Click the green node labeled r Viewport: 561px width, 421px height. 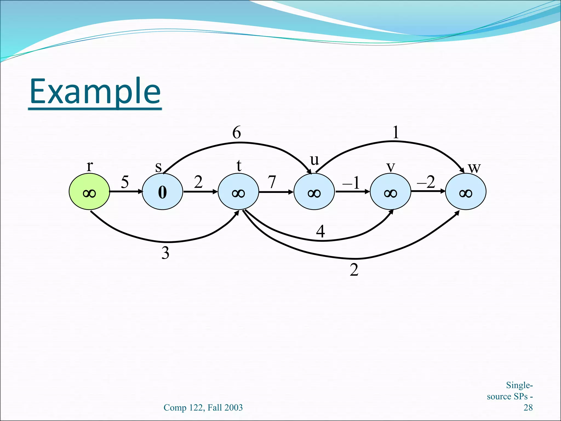[x=89, y=192]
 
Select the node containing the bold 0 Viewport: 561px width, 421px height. [x=162, y=192]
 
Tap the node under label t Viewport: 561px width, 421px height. [x=238, y=192]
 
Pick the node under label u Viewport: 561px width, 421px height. [x=314, y=192]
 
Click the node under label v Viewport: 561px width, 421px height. [x=390, y=192]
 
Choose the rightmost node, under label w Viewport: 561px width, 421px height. [x=465, y=192]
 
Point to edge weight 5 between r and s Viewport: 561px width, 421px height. [x=125, y=182]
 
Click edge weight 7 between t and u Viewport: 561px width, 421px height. [x=272, y=182]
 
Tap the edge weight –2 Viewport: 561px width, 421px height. [x=426, y=182]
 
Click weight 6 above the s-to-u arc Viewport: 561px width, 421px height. [x=237, y=132]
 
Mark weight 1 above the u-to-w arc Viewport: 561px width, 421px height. [x=396, y=132]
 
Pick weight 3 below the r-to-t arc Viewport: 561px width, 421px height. [x=165, y=253]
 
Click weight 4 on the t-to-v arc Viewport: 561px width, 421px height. [x=320, y=231]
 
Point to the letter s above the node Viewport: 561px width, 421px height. [x=158, y=167]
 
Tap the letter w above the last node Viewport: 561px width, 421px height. [x=474, y=167]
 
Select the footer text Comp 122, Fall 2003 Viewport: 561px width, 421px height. [x=203, y=408]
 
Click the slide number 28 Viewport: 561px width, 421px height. [x=528, y=408]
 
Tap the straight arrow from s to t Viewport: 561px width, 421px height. [x=200, y=192]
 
